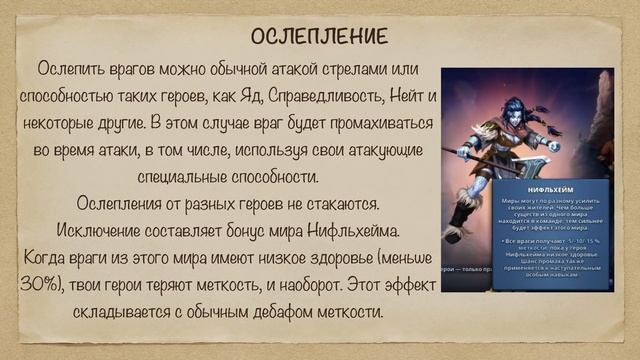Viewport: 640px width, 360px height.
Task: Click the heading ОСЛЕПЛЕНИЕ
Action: pos(319,38)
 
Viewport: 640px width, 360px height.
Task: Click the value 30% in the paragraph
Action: pos(37,285)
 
